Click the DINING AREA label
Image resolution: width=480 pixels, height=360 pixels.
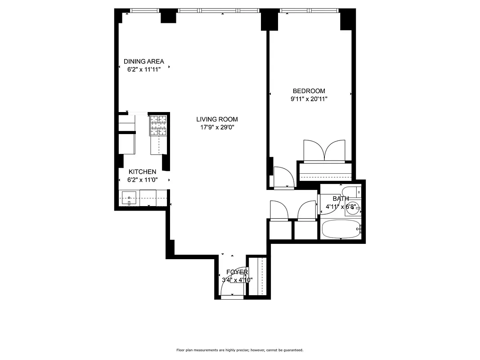144,62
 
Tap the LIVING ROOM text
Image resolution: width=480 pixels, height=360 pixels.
217,119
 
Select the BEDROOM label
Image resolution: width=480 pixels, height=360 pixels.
309,91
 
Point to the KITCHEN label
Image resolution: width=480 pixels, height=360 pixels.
143,172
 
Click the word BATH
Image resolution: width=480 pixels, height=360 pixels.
341,198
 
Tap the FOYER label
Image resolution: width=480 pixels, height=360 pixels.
237,272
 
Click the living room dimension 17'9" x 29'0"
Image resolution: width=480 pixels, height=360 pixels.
217,127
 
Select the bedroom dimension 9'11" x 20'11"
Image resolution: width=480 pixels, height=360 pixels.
309,99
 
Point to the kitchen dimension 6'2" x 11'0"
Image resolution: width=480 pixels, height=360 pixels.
143,180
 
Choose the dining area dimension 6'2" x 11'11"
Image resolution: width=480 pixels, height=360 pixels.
144,70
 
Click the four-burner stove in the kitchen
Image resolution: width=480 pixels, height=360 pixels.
157,125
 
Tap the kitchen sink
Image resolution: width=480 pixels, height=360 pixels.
129,198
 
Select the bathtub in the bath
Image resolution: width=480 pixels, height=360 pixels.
341,229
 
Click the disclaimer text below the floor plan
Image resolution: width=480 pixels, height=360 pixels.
240,350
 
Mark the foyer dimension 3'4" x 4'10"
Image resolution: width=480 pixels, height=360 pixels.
237,280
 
